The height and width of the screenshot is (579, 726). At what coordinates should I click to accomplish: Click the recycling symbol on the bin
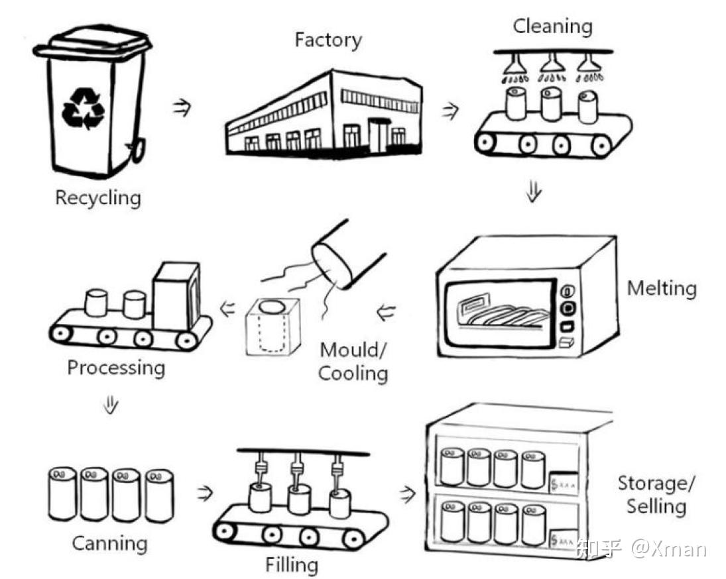[x=83, y=109]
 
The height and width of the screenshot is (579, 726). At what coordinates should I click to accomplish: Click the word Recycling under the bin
[x=98, y=198]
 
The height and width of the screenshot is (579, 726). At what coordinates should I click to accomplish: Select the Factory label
[x=328, y=40]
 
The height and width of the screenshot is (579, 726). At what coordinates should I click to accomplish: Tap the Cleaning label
[x=552, y=27]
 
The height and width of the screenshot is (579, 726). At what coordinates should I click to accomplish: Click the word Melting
[x=662, y=289]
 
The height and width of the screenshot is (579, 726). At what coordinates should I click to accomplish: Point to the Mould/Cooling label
[x=353, y=362]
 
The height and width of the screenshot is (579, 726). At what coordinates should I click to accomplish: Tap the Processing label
[x=116, y=368]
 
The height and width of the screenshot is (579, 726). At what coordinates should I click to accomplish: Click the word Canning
[x=109, y=544]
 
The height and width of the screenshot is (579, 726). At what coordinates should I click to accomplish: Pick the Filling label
[x=292, y=565]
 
